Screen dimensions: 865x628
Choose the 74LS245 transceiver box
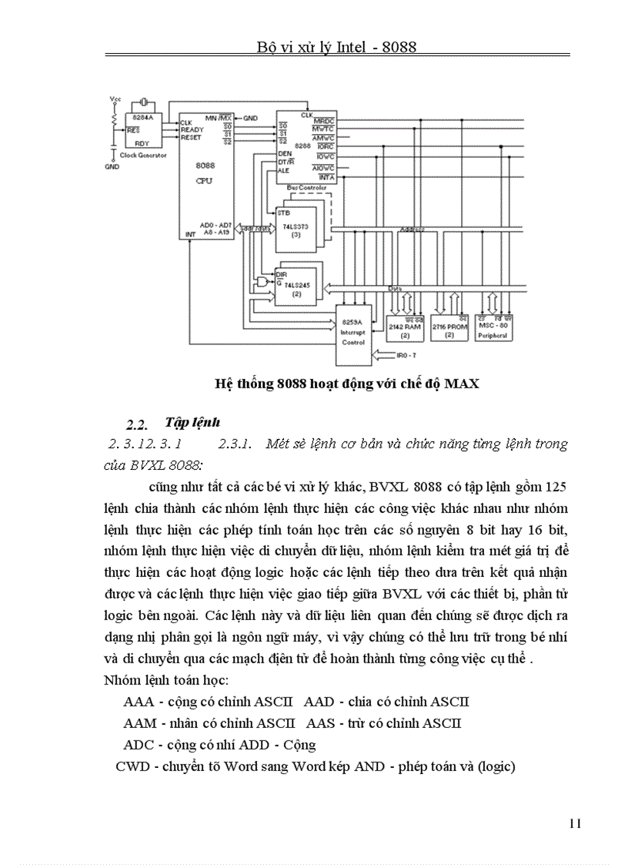click(x=294, y=285)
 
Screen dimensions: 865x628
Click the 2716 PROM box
click(x=449, y=327)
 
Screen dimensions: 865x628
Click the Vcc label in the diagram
click(x=115, y=99)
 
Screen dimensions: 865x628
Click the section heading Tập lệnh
click(x=192, y=422)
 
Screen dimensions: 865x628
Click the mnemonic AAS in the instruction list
click(x=321, y=723)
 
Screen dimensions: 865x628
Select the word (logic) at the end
click(x=495, y=766)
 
